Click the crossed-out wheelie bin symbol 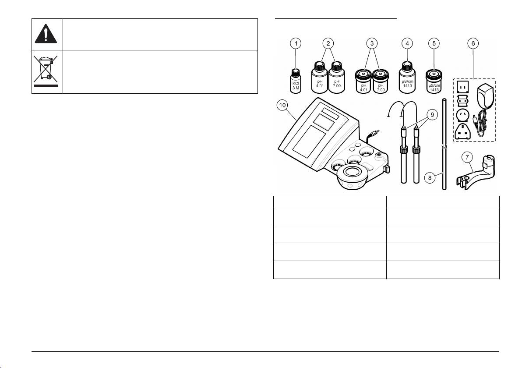tap(47, 71)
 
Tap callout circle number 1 tap(296, 43)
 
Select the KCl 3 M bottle tap(296, 80)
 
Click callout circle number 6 tap(473, 43)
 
